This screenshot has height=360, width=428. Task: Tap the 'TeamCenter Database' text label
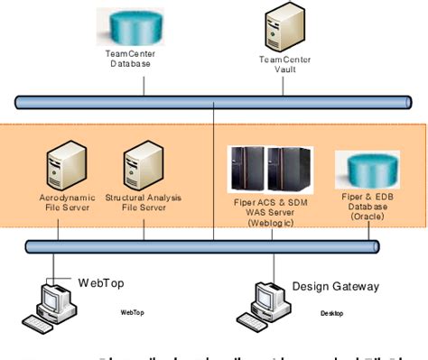pyautogui.click(x=134, y=60)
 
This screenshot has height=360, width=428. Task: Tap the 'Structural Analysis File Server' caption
pyautogui.click(x=144, y=200)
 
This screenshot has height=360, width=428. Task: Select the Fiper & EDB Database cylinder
pyautogui.click(x=368, y=169)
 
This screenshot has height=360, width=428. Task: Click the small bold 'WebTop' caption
pyautogui.click(x=132, y=313)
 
